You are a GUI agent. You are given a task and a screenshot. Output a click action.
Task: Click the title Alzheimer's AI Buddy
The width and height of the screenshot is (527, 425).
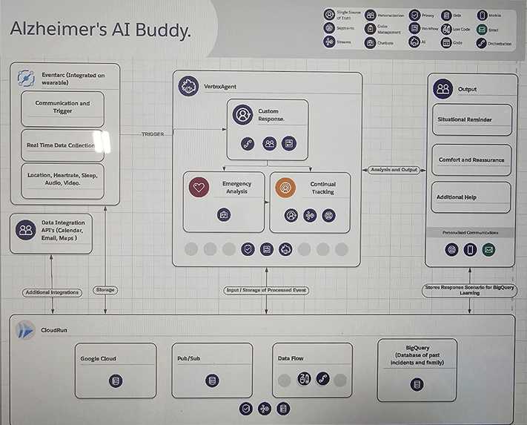[x=99, y=31]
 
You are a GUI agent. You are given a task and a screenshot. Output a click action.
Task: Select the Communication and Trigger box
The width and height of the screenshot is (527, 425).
[x=62, y=108]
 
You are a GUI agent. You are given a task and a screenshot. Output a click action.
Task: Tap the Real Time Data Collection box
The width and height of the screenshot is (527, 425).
[x=62, y=145]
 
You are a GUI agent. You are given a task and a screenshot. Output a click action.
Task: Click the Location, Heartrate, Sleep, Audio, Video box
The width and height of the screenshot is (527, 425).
[x=62, y=179]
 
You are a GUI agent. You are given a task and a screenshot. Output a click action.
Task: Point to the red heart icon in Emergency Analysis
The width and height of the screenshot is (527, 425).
[x=198, y=188]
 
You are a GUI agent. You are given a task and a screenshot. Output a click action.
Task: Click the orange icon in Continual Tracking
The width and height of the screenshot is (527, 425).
[x=285, y=188]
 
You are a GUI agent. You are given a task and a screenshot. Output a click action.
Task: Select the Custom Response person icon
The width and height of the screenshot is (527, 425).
[x=242, y=115]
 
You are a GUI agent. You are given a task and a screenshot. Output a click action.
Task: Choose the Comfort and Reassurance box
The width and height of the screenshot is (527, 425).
[x=471, y=159]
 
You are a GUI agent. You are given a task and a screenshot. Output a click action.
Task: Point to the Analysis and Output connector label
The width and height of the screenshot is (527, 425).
[x=394, y=170]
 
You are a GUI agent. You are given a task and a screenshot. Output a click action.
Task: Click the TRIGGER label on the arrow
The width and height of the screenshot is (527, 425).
[x=153, y=134]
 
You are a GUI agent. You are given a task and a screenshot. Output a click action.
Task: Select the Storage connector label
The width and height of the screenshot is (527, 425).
[x=105, y=290]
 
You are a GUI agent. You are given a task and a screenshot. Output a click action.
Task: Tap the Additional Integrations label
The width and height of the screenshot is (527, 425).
[x=52, y=292]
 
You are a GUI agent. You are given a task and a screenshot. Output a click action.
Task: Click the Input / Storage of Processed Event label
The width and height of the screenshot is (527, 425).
[x=266, y=290]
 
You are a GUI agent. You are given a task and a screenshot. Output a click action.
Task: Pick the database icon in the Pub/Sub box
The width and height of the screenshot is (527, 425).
[x=213, y=381]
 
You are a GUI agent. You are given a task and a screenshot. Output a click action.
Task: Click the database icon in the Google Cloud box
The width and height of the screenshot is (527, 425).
[x=115, y=381]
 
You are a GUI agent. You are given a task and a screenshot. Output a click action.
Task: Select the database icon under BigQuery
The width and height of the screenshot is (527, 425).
[x=417, y=384]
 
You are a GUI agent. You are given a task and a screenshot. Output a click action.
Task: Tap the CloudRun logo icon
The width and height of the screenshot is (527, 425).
[x=27, y=331]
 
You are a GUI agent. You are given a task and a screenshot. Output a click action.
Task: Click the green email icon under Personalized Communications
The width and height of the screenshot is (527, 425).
[x=488, y=250]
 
